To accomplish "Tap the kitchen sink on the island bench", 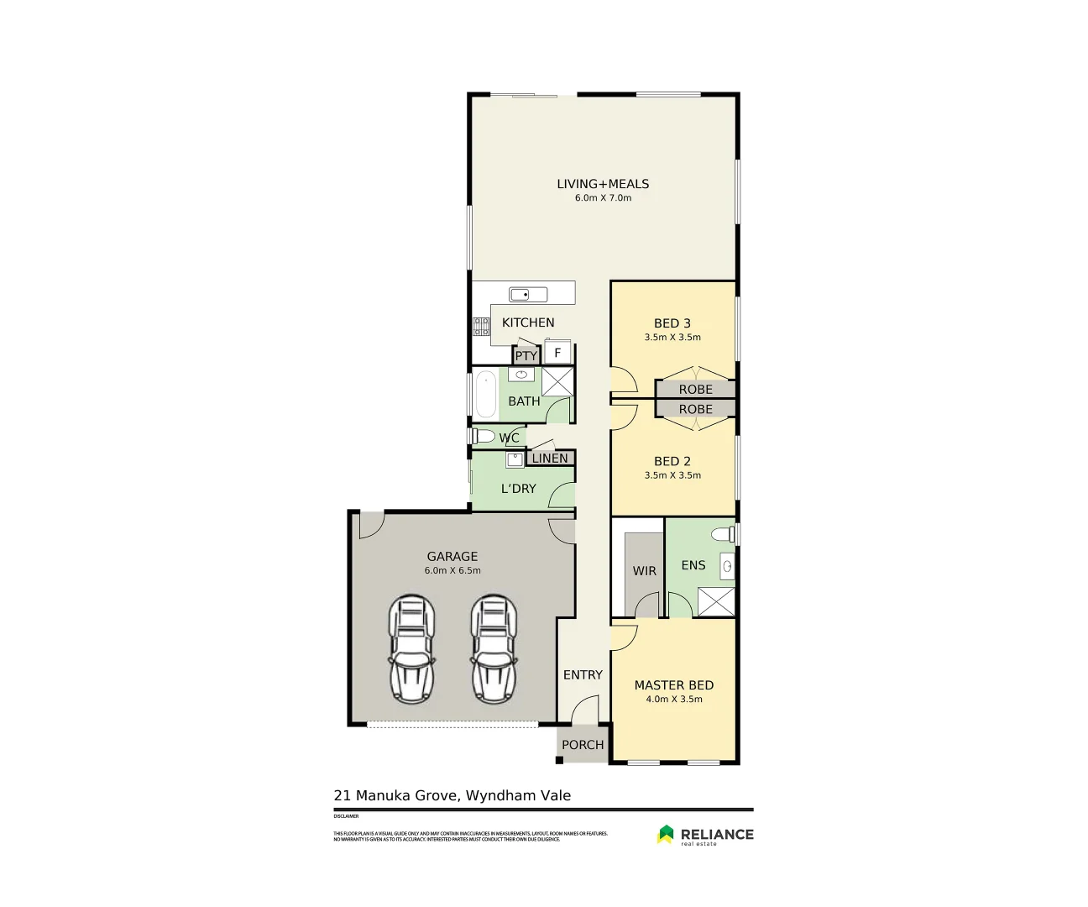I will coord(528,294).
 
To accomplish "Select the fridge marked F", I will coord(557,353).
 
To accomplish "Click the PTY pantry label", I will coord(526,356).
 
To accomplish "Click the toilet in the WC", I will coord(483,437).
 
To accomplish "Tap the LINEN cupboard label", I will coord(550,459).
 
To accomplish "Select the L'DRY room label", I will coord(518,489).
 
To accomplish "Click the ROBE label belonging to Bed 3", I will coord(695,390).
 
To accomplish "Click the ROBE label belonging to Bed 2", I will coord(695,409).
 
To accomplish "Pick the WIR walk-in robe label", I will coord(644,571).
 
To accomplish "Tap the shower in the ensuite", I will coord(715,602).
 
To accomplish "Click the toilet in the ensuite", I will coord(721,534).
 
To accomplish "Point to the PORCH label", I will coord(583,745).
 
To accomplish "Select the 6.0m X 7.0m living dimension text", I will coord(603,198).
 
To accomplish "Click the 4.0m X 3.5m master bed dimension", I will coord(673,699).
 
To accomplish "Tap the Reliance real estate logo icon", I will coord(665,834).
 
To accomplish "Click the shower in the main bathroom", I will coord(557,381).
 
